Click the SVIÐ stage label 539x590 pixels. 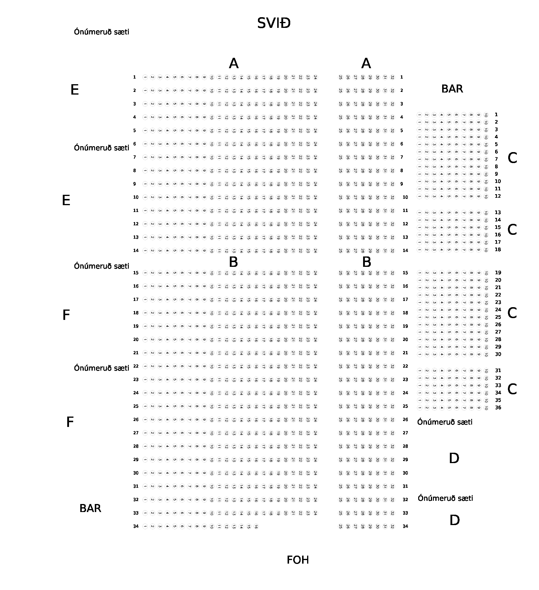pyautogui.click(x=274, y=23)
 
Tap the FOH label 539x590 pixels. pyautogui.click(x=298, y=560)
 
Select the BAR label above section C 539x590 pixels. pyautogui.click(x=452, y=89)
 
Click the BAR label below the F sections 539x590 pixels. pyautogui.click(x=90, y=508)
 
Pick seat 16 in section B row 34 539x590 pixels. pyautogui.click(x=256, y=527)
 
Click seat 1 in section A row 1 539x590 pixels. pyautogui.click(x=145, y=77)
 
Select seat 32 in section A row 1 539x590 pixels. pyautogui.click(x=392, y=77)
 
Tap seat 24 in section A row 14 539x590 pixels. pyautogui.click(x=315, y=251)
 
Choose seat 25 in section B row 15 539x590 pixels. pyautogui.click(x=341, y=273)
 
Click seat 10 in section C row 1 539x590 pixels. pyautogui.click(x=486, y=115)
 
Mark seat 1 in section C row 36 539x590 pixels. pyautogui.click(x=419, y=408)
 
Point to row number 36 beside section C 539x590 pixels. pyautogui.click(x=498, y=408)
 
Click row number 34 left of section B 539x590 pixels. pyautogui.click(x=136, y=526)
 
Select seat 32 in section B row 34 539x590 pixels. pyautogui.click(x=392, y=527)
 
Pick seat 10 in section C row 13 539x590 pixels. pyautogui.click(x=486, y=213)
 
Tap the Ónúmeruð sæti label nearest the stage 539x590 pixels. pyautogui.click(x=102, y=32)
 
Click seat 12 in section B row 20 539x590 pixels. pyautogui.click(x=227, y=340)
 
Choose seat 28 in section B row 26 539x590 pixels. pyautogui.click(x=363, y=420)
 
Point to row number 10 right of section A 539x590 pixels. pyautogui.click(x=405, y=197)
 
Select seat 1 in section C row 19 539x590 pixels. pyautogui.click(x=419, y=273)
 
